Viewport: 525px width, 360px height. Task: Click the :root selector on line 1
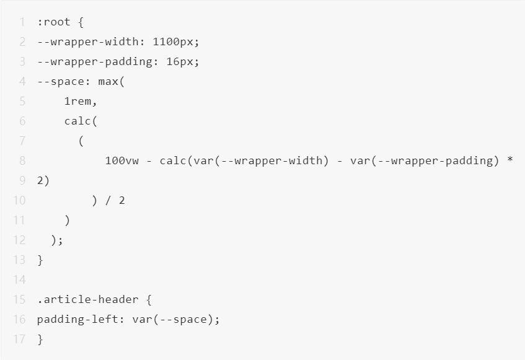pyautogui.click(x=54, y=22)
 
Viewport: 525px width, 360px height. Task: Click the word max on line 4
pyautogui.click(x=108, y=81)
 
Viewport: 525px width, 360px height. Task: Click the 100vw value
pyautogui.click(x=122, y=160)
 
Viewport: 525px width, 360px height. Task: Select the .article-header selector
pyautogui.click(x=87, y=299)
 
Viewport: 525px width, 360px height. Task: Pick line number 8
pyautogui.click(x=22, y=160)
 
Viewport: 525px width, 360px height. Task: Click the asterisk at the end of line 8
pyautogui.click(x=510, y=161)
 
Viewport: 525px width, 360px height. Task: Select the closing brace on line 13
pyautogui.click(x=40, y=260)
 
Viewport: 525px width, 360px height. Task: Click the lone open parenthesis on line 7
pyautogui.click(x=81, y=141)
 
